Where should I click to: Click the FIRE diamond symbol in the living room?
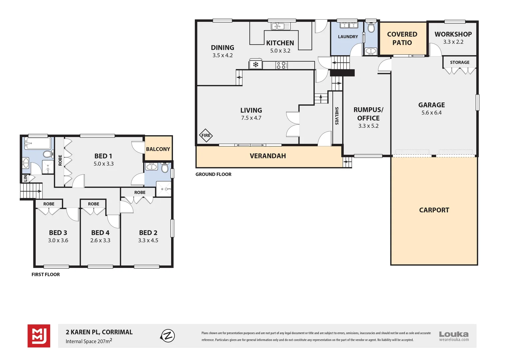pyautogui.click(x=206, y=136)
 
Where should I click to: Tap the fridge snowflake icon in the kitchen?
pyautogui.click(x=255, y=65)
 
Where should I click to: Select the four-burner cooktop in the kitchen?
pyautogui.click(x=281, y=65)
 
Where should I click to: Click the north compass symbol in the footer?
pyautogui.click(x=168, y=336)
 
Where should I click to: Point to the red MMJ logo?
pyautogui.click(x=39, y=336)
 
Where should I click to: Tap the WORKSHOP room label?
pyautogui.click(x=453, y=34)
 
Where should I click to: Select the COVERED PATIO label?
pyautogui.click(x=402, y=38)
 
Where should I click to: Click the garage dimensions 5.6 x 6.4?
pyautogui.click(x=431, y=113)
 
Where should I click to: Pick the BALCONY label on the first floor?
pyautogui.click(x=158, y=149)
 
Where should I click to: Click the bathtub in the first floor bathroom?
pyautogui.click(x=38, y=143)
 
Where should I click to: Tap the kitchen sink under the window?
pyautogui.click(x=281, y=26)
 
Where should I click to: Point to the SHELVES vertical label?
pyautogui.click(x=337, y=116)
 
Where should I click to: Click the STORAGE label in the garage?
pyautogui.click(x=460, y=62)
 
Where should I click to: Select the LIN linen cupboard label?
pyautogui.click(x=25, y=178)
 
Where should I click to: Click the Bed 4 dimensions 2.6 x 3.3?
pyautogui.click(x=100, y=240)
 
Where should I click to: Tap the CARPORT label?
pyautogui.click(x=434, y=210)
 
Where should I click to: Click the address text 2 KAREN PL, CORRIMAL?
pyautogui.click(x=99, y=332)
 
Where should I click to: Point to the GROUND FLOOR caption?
pyautogui.click(x=214, y=174)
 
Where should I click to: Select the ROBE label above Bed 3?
pyautogui.click(x=49, y=204)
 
